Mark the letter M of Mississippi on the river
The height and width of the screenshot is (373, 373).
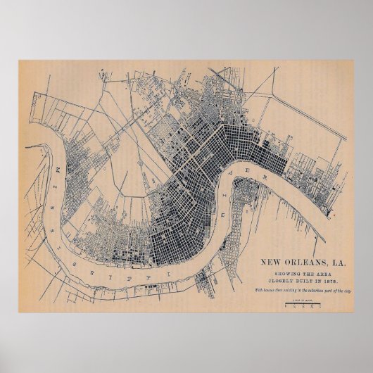tap(54, 171)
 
